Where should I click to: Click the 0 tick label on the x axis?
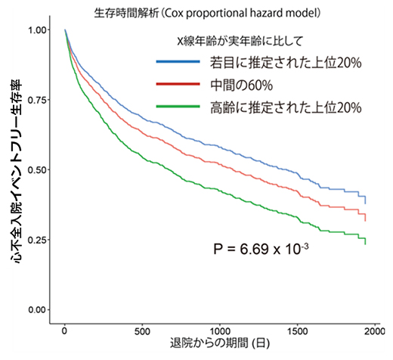[65, 331]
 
